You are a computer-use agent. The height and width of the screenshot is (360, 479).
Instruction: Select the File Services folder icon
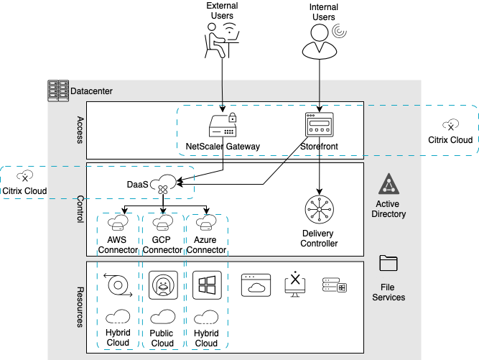pyautogui.click(x=389, y=264)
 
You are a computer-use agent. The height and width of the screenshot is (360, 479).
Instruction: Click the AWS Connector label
pyautogui.click(x=118, y=245)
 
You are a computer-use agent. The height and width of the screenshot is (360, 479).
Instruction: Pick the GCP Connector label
pyautogui.click(x=162, y=245)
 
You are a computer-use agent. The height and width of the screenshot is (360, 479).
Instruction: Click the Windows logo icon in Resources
pyautogui.click(x=206, y=285)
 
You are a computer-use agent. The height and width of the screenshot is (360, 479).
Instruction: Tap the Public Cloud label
pyautogui.click(x=162, y=338)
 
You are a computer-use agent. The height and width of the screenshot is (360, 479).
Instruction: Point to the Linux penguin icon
pyautogui.click(x=162, y=285)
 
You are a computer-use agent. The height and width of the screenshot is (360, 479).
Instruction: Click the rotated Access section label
pyautogui.click(x=80, y=130)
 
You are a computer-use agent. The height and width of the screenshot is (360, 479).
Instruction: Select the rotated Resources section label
pyautogui.click(x=80, y=307)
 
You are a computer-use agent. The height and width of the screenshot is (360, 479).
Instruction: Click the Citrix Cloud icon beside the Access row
pyautogui.click(x=450, y=125)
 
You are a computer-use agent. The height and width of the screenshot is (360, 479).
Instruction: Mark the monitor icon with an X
pyautogui.click(x=296, y=285)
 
